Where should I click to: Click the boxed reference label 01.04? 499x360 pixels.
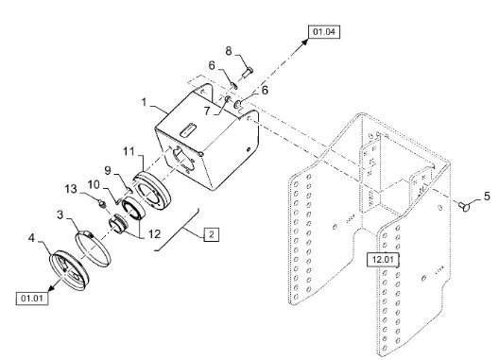(324, 32)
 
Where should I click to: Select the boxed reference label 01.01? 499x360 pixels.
(32, 299)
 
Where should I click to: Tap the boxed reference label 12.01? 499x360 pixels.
(383, 260)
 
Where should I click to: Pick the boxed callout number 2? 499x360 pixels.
(212, 235)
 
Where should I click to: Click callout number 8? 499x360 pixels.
(229, 51)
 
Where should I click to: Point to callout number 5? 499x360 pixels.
(487, 197)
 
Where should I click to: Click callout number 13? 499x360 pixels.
(71, 189)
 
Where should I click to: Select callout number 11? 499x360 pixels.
(129, 151)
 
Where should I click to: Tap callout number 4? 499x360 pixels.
(31, 237)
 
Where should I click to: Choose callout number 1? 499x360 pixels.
(145, 102)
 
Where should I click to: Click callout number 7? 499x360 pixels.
(207, 111)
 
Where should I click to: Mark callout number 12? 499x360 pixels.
(154, 234)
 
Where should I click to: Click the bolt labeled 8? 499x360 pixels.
(247, 73)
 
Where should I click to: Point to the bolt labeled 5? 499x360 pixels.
(465, 206)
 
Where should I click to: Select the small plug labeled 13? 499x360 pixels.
(101, 203)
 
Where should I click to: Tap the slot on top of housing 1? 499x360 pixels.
(189, 129)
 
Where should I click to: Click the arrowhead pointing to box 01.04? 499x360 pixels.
(304, 43)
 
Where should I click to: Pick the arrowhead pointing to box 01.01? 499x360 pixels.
(52, 287)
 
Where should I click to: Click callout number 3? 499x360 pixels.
(60, 214)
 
